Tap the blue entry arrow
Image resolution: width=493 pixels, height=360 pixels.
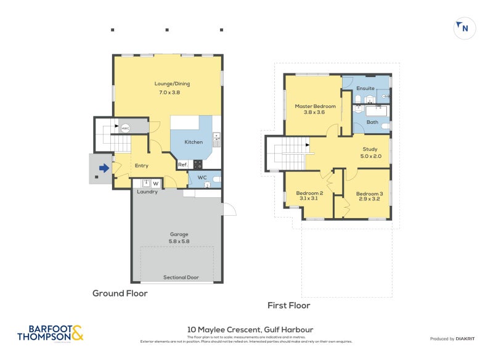[104, 167]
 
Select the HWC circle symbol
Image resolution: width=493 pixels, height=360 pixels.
[125, 128]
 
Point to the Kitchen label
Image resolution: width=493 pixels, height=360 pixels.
[194, 142]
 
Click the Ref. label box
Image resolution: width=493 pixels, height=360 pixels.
[182, 165]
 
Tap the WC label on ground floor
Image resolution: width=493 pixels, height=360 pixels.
[201, 179]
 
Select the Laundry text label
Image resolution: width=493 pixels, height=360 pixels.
[147, 192]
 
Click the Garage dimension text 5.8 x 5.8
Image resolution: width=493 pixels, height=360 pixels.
[179, 242]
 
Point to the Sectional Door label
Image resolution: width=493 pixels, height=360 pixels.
[181, 277]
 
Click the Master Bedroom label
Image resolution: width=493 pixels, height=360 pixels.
[315, 106]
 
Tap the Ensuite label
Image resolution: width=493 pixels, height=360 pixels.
[365, 88]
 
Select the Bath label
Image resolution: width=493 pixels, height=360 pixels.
[372, 122]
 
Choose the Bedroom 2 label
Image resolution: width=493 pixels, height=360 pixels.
[309, 192]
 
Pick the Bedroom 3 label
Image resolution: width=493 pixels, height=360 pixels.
[370, 192]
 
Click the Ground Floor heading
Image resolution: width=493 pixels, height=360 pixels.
[120, 293]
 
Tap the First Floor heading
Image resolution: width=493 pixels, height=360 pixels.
[288, 305]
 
